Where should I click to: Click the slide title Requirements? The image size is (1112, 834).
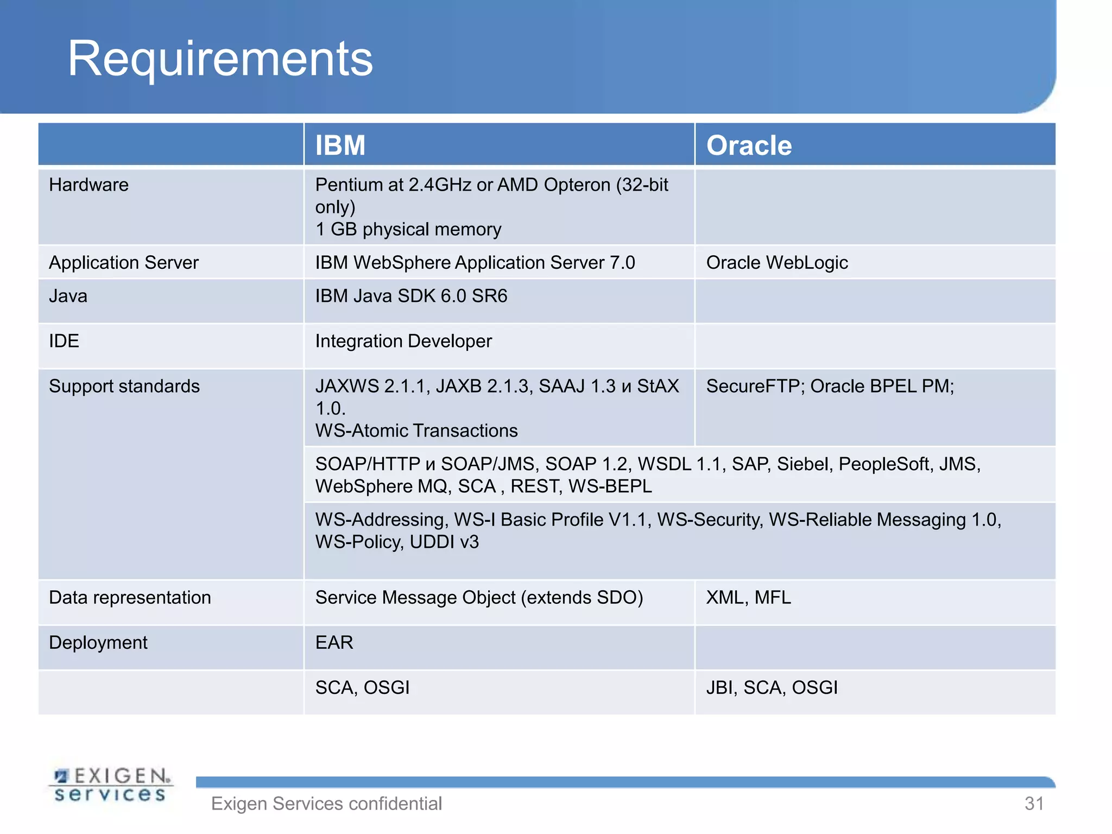coord(220,59)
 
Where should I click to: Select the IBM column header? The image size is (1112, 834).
coord(340,146)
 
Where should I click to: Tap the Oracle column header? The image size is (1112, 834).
coord(749,146)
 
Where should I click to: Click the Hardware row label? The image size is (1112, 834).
coord(89,185)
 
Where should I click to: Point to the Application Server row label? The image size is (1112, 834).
coord(124,263)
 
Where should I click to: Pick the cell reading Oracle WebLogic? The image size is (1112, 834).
coord(776,263)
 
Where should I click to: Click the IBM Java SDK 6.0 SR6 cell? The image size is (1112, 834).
coord(411,296)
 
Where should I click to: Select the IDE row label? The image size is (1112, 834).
coord(64,341)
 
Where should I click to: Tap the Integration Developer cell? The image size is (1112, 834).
coord(403,341)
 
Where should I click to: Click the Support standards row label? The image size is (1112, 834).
coord(124,386)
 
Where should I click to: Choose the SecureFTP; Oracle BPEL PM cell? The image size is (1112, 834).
coord(830,386)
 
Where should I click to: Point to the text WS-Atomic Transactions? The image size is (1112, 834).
coord(416,431)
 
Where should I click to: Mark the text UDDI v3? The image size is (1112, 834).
coord(444,542)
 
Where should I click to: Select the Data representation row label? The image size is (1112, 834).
coord(130,597)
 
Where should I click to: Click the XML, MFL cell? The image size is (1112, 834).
coord(748,597)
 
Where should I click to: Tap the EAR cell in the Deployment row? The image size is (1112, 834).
coord(334,642)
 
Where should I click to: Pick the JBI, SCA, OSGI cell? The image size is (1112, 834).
coord(772,687)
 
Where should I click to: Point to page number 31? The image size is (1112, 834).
coord(1034,804)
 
